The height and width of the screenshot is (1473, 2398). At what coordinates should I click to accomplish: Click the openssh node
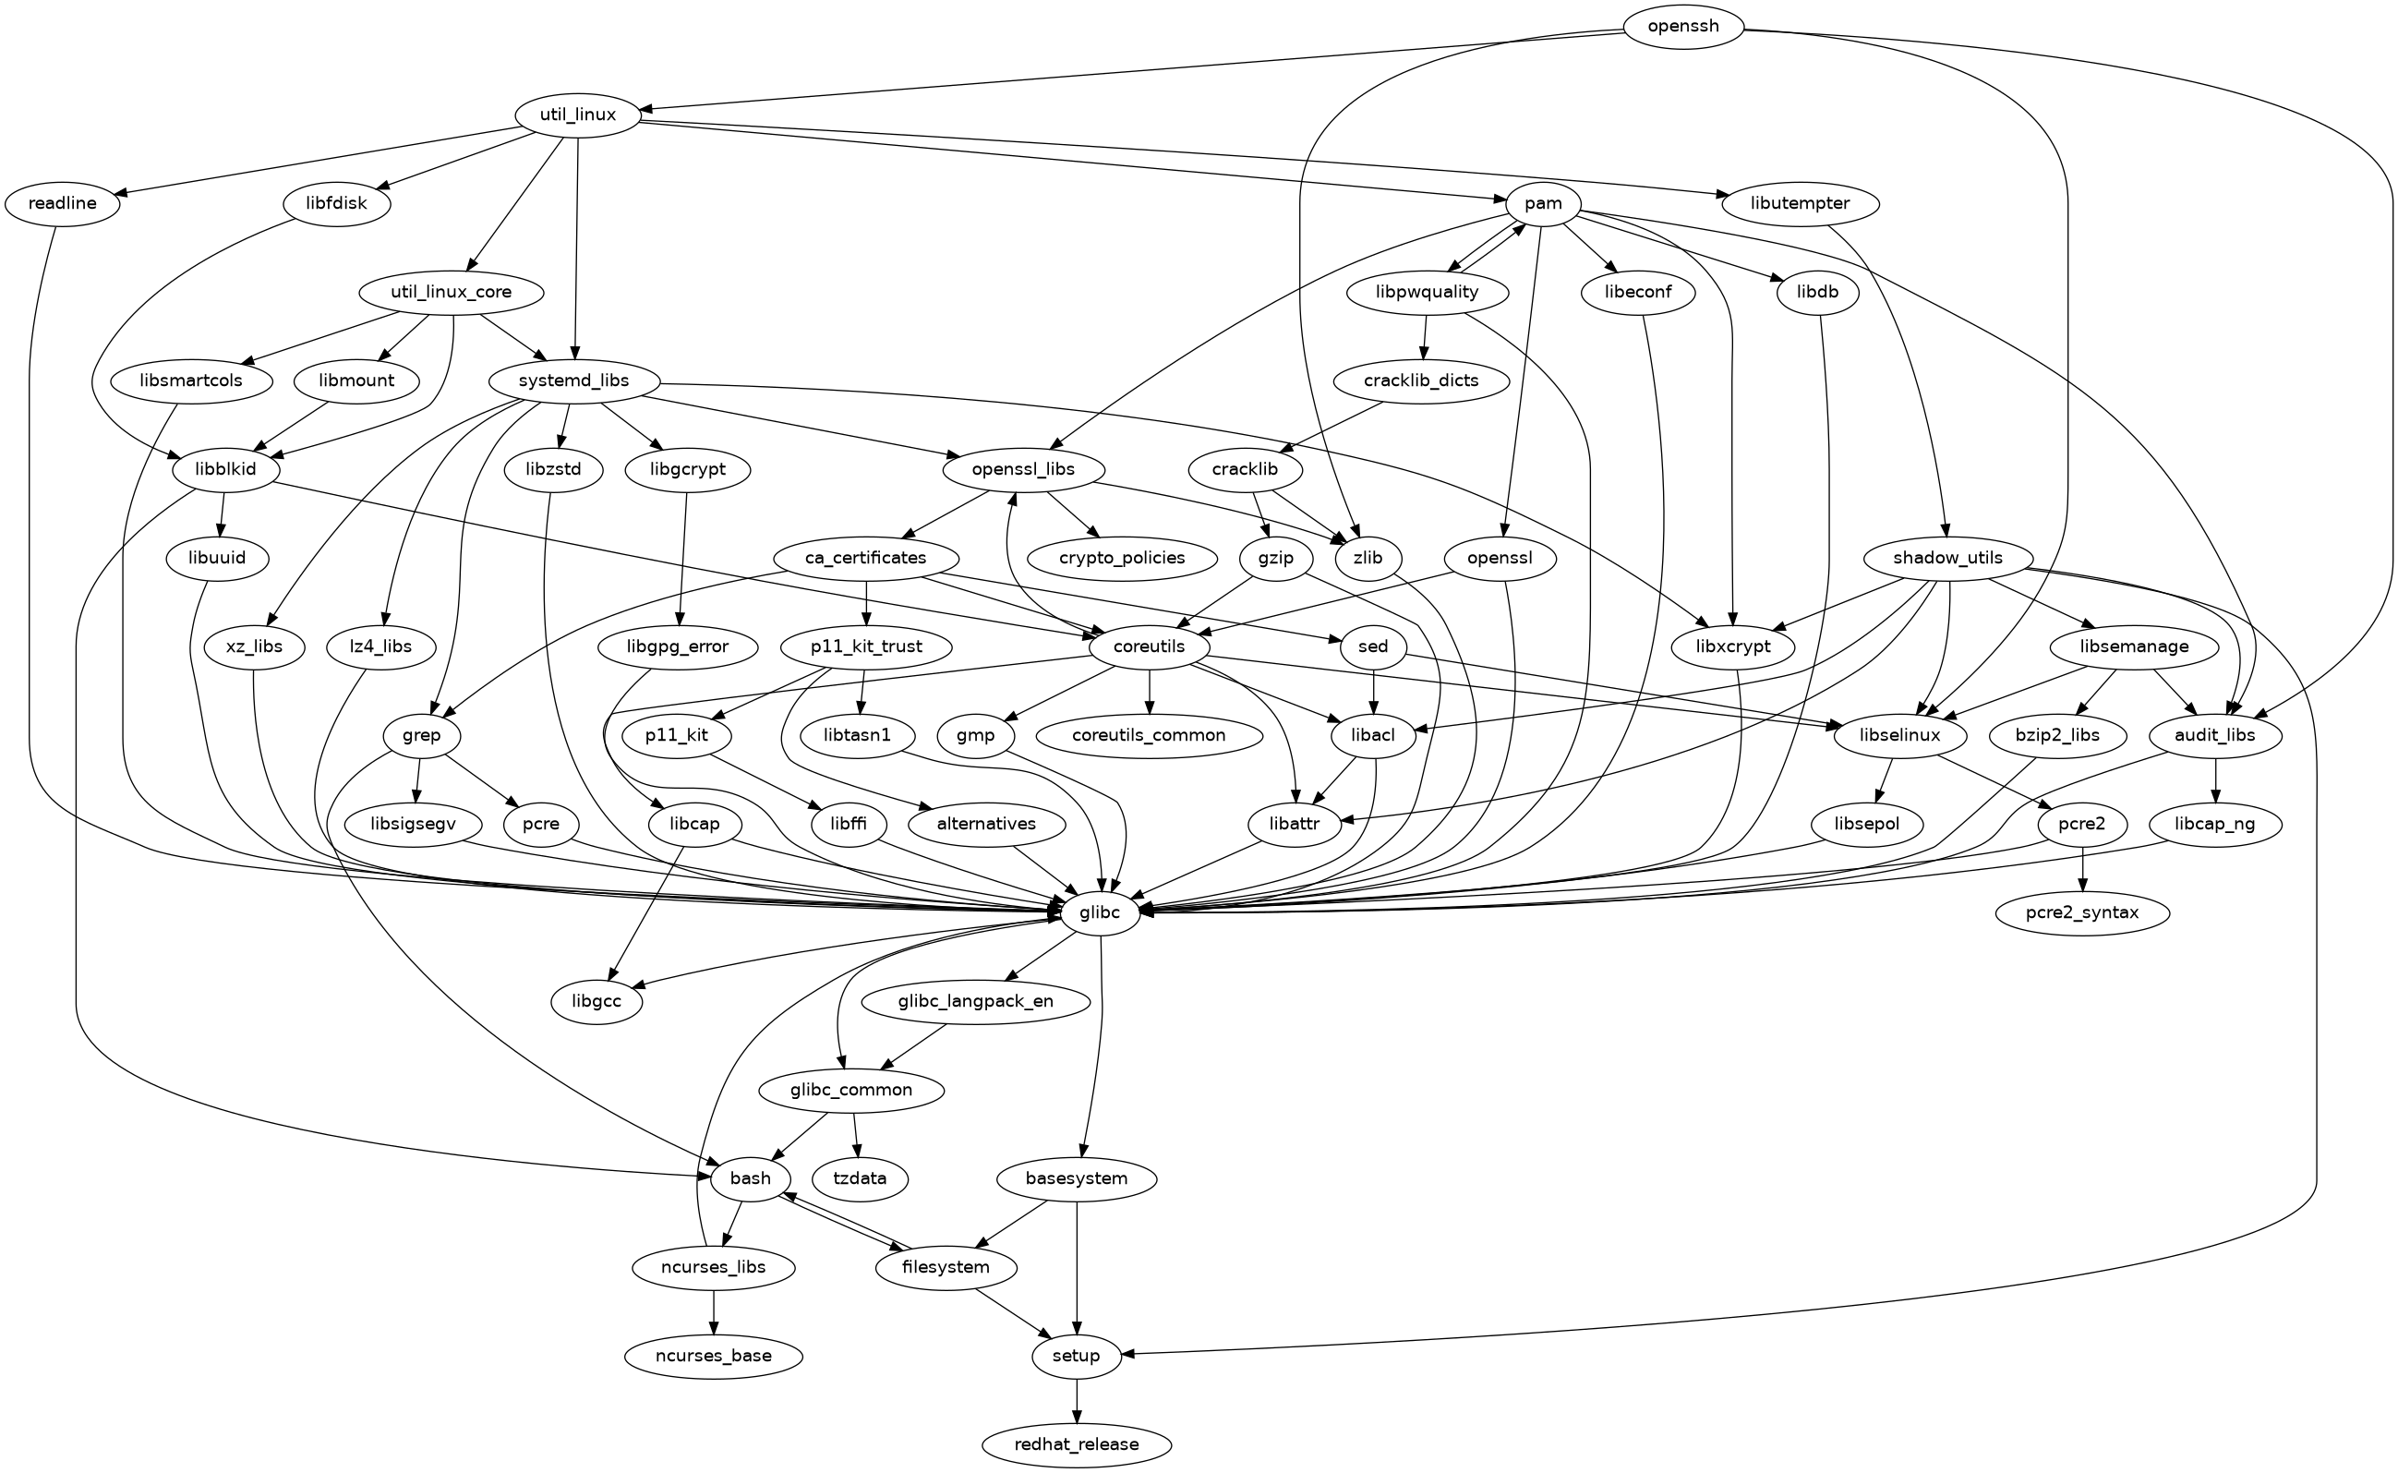point(1682,26)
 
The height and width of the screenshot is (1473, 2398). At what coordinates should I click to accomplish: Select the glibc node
point(1099,912)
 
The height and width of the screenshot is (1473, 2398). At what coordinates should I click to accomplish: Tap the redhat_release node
point(1076,1443)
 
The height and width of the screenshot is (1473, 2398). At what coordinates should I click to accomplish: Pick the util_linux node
point(578,115)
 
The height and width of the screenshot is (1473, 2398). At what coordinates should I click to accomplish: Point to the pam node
point(1543,203)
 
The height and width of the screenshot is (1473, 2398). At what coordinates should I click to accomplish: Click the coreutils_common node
point(1149,735)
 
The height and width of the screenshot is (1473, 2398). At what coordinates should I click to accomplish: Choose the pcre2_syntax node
point(2081,912)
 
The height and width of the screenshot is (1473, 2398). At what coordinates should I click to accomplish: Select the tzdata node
point(861,1178)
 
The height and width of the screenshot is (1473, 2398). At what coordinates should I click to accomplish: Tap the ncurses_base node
point(714,1356)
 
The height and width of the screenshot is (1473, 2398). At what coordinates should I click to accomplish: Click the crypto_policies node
point(1122,558)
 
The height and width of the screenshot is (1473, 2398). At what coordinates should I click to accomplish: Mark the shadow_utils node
point(1948,558)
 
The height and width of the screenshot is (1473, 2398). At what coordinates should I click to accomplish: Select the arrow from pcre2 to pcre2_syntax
point(2081,868)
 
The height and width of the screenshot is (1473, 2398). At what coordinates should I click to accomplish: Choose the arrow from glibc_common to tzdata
point(856,1135)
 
